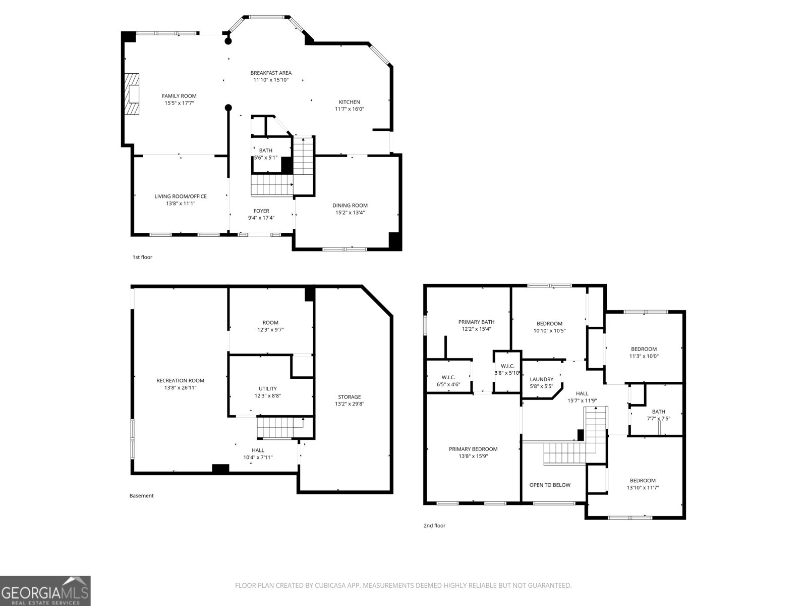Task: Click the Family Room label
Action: point(179,96)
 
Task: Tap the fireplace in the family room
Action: point(132,95)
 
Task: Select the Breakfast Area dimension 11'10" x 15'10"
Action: point(271,80)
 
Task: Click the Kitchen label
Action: point(349,102)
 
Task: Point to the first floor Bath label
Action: point(265,150)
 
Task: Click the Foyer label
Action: point(261,211)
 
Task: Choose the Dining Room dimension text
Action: point(350,213)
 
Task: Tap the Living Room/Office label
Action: point(181,196)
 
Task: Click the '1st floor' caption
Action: point(142,257)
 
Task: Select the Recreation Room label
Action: point(180,381)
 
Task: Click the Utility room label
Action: point(267,388)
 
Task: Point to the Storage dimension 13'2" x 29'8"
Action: point(350,404)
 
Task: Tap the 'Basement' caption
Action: point(141,495)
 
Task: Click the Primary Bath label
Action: point(476,322)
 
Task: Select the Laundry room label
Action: point(541,379)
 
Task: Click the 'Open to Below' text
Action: point(550,485)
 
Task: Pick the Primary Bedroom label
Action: point(473,449)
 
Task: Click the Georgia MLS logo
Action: point(45,590)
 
